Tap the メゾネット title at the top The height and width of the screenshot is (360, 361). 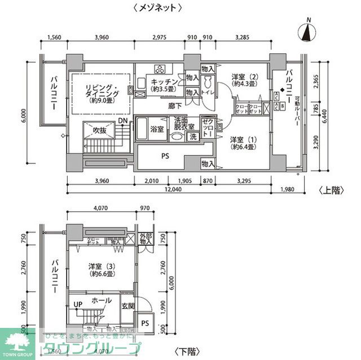(x=157, y=7)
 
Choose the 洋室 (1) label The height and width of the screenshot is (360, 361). (x=244, y=143)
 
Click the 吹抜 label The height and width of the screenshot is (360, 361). (x=92, y=130)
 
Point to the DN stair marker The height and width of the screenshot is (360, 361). (x=122, y=121)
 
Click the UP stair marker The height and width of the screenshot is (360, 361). (x=77, y=305)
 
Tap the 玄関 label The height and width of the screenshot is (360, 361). (x=128, y=306)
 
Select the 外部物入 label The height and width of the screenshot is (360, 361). (x=146, y=239)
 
